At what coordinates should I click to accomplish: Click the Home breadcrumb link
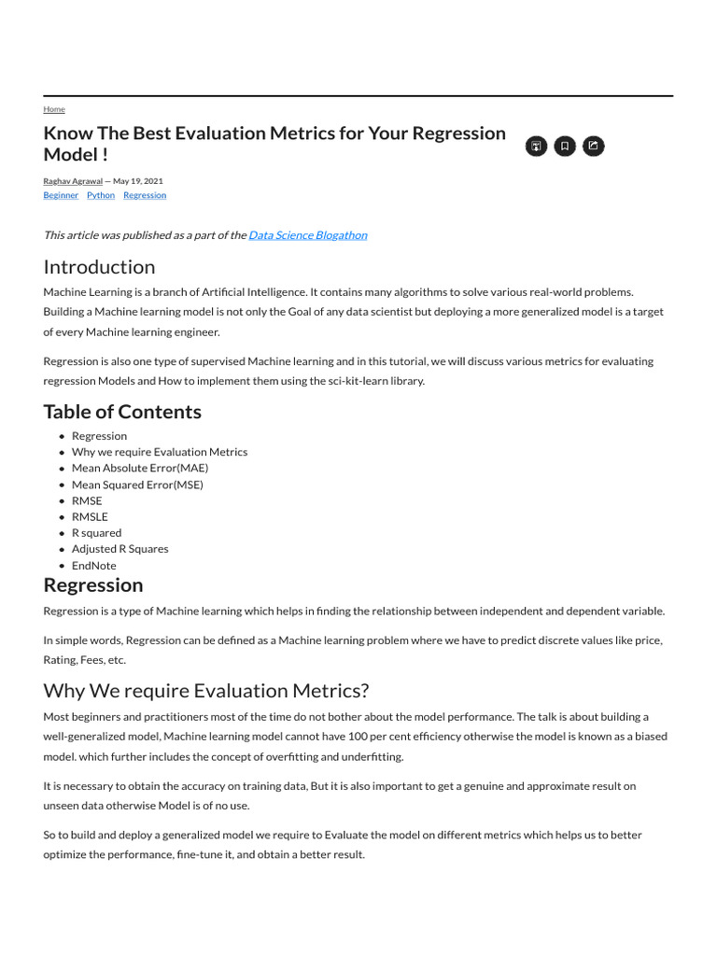coord(54,109)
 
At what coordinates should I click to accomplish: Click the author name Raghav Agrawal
coord(73,180)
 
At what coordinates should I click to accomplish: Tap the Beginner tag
coord(61,195)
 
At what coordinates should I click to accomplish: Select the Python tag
coord(101,195)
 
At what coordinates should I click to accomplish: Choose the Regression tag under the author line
coord(145,195)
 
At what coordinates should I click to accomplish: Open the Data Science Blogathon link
coord(307,234)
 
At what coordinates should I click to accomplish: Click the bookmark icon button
coord(564,146)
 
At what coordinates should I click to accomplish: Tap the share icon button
coord(593,146)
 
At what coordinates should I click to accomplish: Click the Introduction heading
coord(99,267)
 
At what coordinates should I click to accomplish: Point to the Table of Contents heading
coord(122,412)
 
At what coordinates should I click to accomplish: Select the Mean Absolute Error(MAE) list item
coord(140,468)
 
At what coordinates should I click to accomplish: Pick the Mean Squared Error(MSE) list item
coord(137,485)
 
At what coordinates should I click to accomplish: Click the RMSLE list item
coord(90,516)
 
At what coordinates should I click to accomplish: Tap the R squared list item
coord(96,532)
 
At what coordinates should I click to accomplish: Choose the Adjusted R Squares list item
coord(120,549)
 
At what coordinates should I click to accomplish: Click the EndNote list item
coord(94,565)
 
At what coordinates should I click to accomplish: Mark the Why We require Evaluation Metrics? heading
coord(206,691)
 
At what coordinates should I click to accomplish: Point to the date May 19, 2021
coord(138,180)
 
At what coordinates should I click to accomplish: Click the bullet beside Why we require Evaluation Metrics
coord(62,452)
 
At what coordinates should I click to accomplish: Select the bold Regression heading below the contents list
coord(93,585)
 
